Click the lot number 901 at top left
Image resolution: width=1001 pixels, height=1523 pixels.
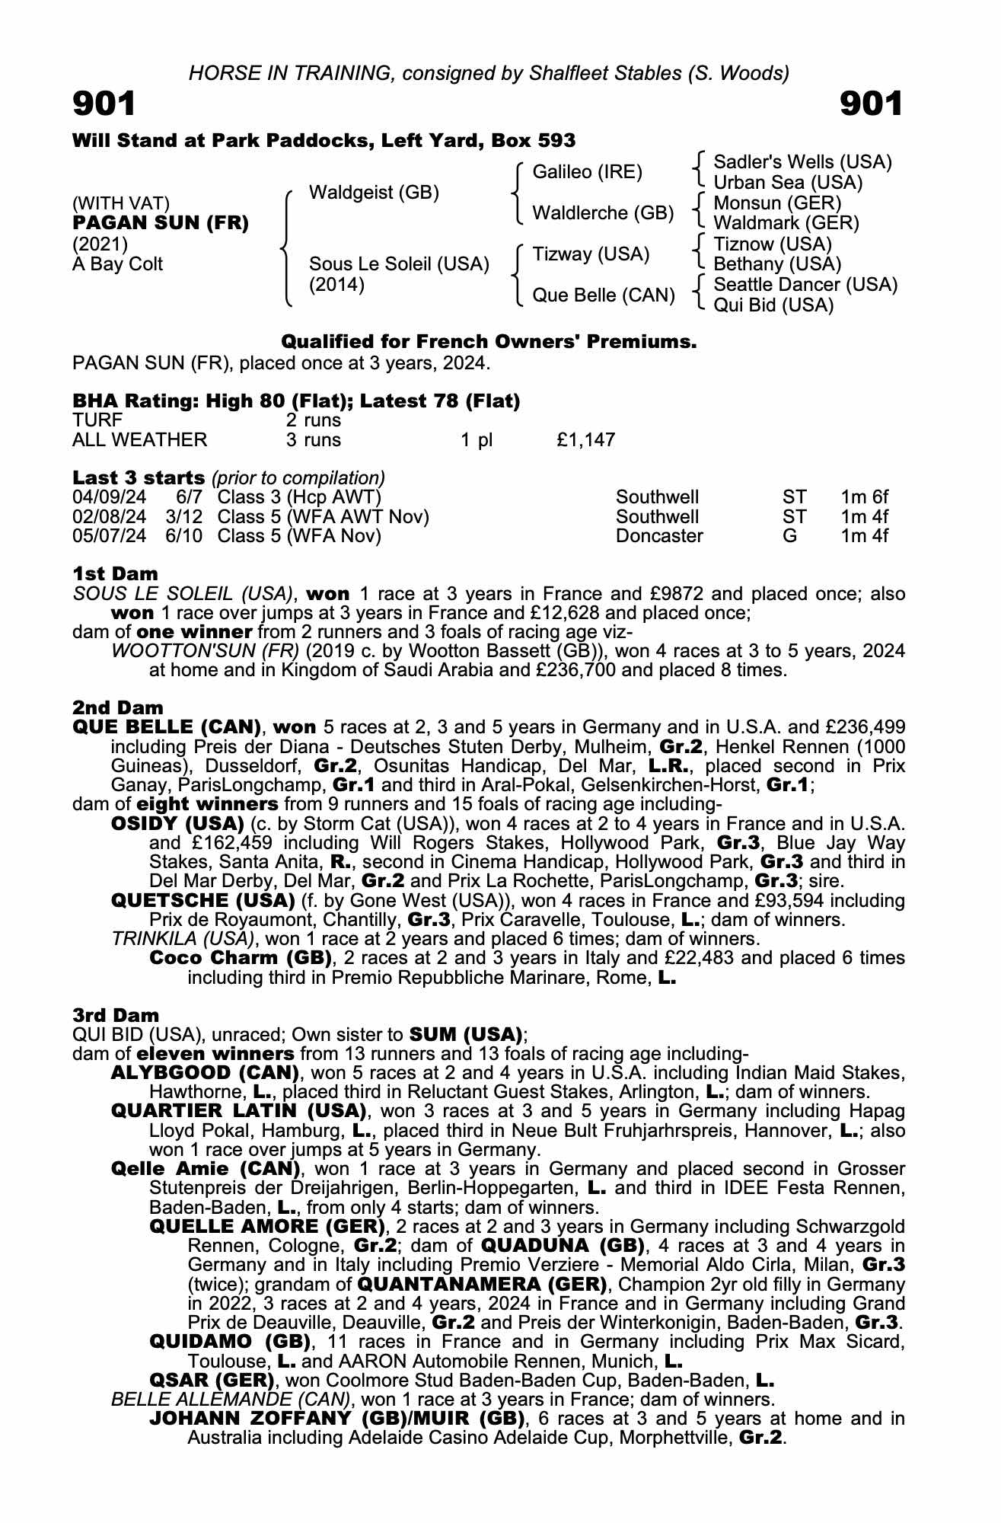[104, 104]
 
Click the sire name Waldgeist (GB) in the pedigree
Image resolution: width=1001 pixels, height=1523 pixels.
[374, 193]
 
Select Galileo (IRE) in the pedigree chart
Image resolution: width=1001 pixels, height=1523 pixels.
[587, 172]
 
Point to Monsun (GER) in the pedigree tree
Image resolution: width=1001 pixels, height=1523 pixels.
[777, 203]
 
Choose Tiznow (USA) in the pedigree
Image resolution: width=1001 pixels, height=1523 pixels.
[773, 244]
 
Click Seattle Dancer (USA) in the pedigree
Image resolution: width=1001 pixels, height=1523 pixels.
[805, 285]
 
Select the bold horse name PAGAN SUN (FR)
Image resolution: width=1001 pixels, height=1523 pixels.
[161, 224]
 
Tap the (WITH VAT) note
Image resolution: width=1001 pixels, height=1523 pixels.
[121, 203]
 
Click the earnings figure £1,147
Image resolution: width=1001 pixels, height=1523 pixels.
[585, 440]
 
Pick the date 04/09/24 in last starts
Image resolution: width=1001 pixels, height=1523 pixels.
[109, 498]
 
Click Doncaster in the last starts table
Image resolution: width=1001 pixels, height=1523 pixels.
[659, 536]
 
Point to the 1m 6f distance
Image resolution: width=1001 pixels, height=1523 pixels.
[864, 498]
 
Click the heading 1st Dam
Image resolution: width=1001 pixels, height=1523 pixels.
[116, 573]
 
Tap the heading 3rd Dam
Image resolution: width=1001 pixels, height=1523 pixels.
[116, 1015]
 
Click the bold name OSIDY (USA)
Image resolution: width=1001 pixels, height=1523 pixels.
[177, 824]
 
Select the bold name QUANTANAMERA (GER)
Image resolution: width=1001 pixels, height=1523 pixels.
[482, 1285]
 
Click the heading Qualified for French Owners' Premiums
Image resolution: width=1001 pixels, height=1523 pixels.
[489, 342]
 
